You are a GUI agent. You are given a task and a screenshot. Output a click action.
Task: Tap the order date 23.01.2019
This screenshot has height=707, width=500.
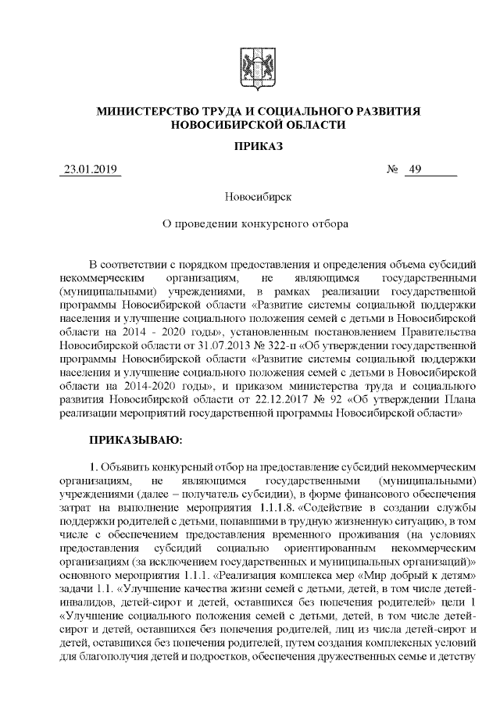tap(89, 170)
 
